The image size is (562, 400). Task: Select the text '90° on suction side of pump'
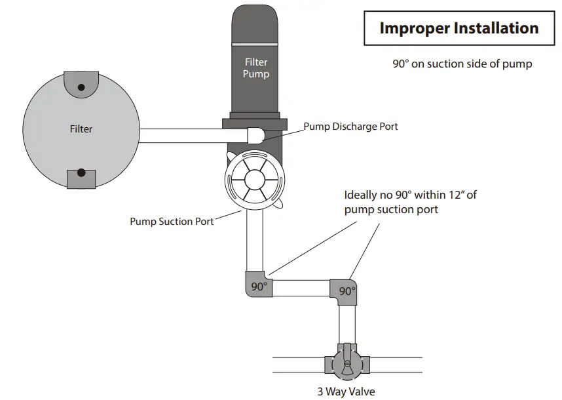[x=461, y=64]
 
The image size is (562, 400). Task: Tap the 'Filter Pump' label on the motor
[x=255, y=68]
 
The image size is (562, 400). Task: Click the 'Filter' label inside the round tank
[x=81, y=129]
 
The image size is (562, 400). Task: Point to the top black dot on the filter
[x=81, y=87]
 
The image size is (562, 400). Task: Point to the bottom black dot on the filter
[x=81, y=173]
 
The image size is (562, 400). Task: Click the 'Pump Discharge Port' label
[x=350, y=126]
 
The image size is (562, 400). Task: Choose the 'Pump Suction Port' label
[x=172, y=222]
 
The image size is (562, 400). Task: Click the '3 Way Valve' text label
[x=346, y=392]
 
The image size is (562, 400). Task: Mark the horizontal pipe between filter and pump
[x=190, y=135]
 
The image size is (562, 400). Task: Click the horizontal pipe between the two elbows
[x=301, y=288]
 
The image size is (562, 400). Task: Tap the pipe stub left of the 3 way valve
[x=298, y=365]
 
